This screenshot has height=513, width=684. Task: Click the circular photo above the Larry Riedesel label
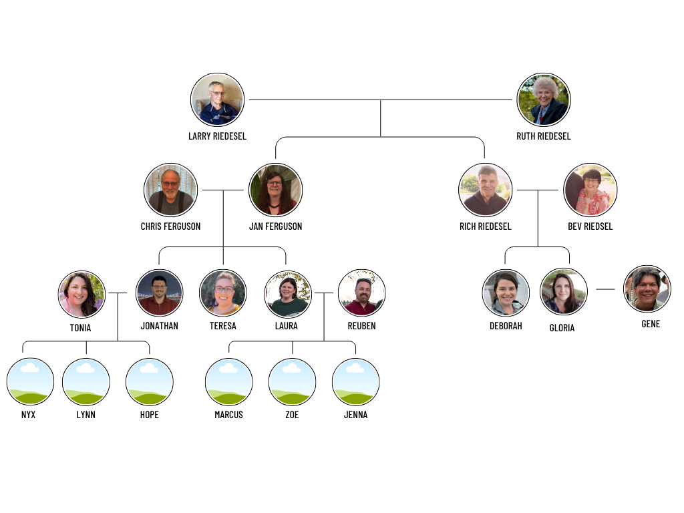point(217,100)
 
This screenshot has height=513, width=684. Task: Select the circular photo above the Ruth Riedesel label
point(544,100)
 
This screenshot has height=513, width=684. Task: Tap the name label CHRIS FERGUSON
point(170,226)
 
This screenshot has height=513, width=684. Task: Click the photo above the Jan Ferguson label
point(275,190)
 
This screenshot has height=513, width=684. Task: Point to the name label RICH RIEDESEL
point(486,226)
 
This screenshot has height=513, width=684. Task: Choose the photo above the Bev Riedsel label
point(590,190)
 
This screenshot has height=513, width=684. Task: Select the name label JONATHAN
point(160,326)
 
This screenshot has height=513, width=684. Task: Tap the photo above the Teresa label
point(223,293)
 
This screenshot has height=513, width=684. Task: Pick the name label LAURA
point(287,326)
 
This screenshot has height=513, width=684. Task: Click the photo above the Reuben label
point(361,293)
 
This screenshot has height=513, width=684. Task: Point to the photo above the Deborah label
point(506,293)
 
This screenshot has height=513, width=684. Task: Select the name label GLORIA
point(562,328)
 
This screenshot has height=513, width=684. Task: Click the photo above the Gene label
point(647,289)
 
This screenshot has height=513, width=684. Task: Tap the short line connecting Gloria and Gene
point(605,289)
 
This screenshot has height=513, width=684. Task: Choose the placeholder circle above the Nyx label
point(30,381)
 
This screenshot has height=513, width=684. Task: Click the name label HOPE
point(150,415)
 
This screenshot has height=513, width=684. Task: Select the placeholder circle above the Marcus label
point(228,381)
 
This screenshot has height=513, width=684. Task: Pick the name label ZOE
point(292,415)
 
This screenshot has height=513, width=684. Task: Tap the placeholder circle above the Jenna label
point(356,381)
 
